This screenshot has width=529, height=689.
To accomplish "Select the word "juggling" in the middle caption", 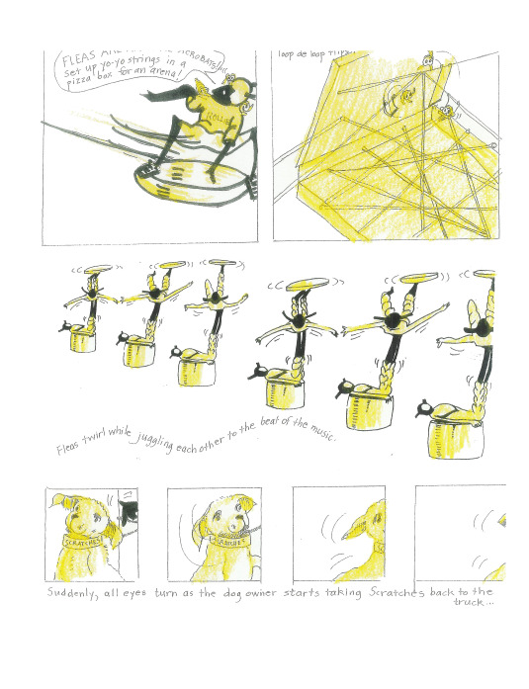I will click(x=171, y=446).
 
